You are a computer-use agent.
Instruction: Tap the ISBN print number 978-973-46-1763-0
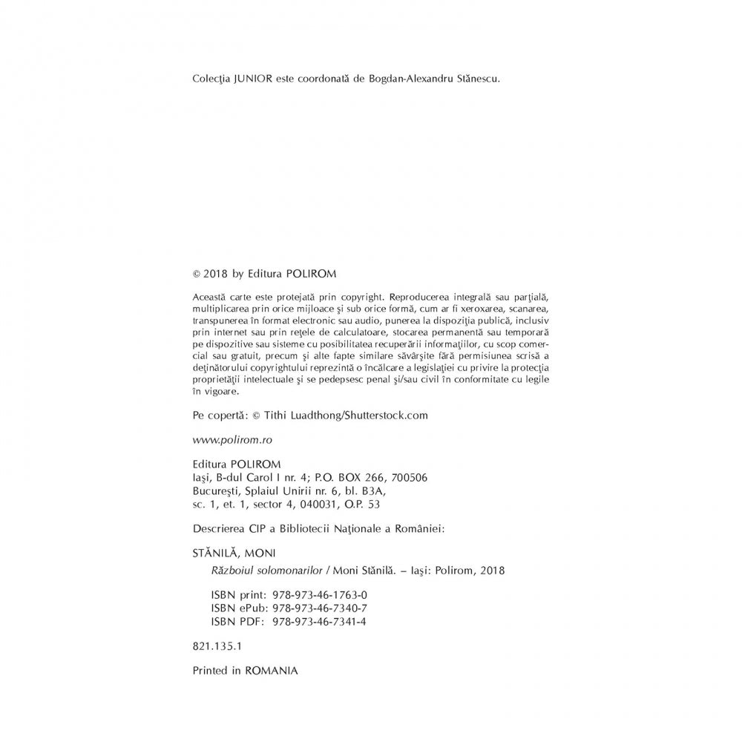321,595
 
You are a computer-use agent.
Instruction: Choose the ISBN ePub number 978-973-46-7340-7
321,608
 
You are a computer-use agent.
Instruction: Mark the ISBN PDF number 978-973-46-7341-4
321,622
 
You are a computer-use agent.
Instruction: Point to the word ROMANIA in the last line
271,669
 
